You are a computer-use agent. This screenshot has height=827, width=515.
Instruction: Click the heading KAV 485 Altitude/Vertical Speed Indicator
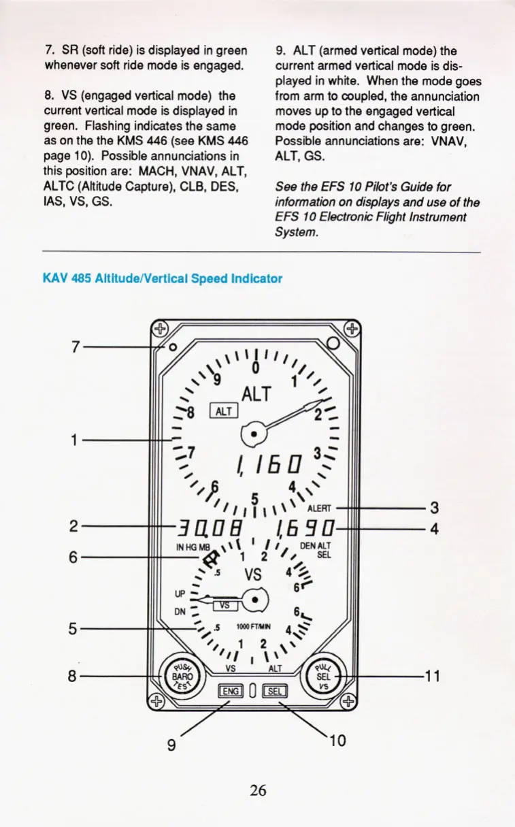pos(162,278)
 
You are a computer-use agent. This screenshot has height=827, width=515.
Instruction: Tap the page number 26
pos(258,790)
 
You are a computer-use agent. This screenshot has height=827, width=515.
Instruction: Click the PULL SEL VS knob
pos(325,677)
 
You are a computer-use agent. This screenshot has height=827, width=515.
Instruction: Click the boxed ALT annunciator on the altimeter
pos(225,410)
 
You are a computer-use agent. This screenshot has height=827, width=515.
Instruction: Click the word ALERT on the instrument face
pos(318,507)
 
